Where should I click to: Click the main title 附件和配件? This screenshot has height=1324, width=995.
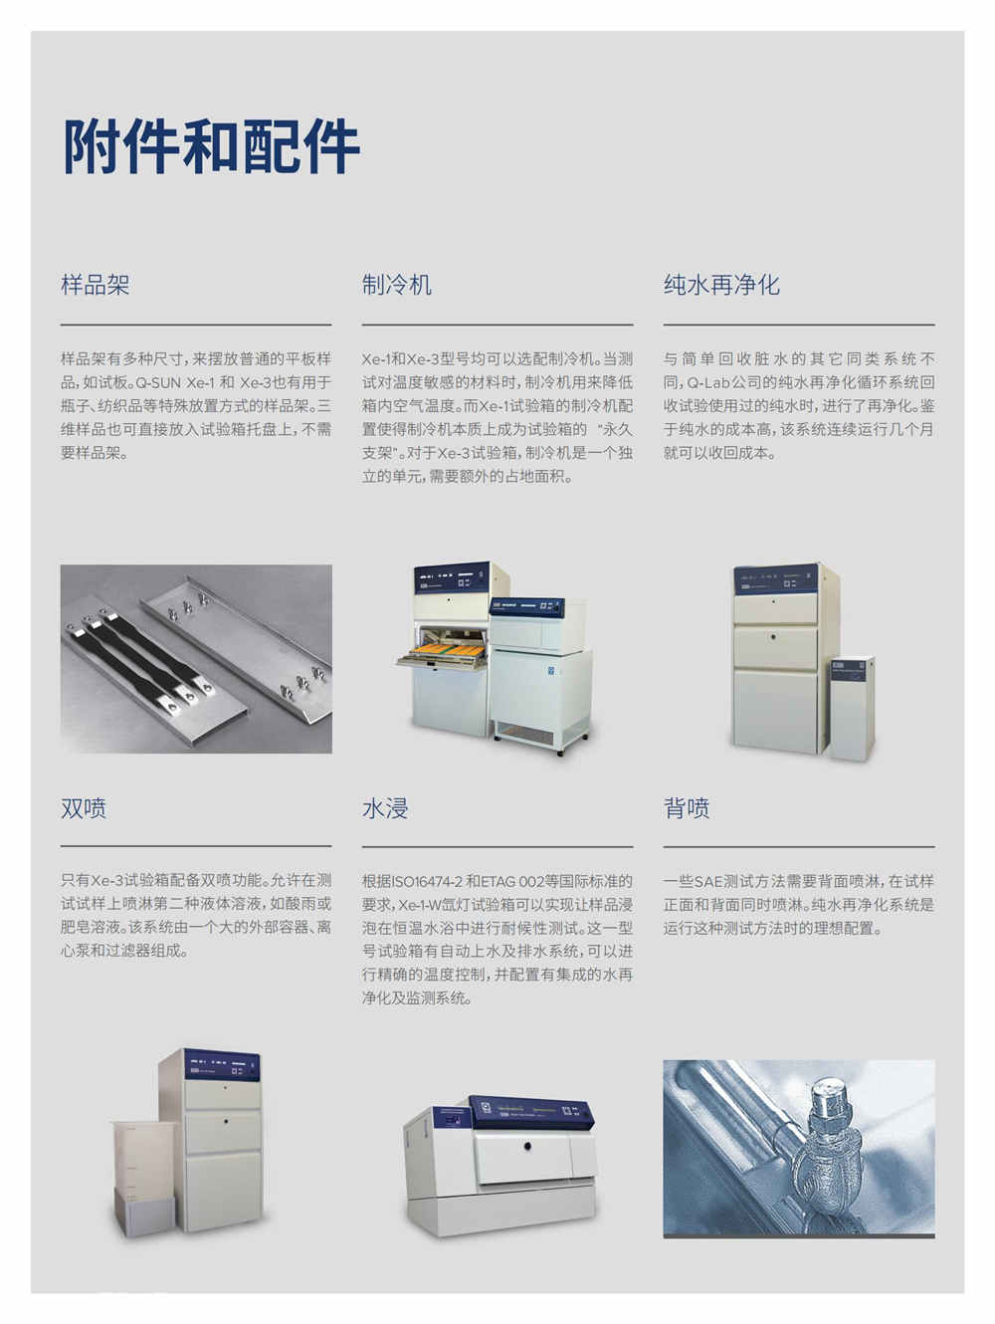(211, 146)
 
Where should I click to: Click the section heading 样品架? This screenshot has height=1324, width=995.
(96, 286)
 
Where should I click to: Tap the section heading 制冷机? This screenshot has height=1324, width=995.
(397, 286)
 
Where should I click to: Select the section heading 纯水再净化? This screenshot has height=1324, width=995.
(721, 286)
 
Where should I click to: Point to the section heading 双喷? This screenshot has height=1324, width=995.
(84, 808)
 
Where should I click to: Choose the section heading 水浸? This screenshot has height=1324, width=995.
(385, 808)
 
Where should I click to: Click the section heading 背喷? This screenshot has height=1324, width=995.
(687, 808)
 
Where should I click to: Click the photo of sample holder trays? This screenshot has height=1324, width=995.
(196, 658)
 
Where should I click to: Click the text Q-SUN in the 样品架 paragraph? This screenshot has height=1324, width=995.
(157, 382)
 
